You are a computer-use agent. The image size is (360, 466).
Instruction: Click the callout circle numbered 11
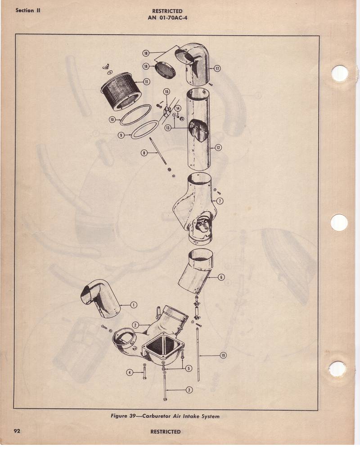pyautogui.click(x=146, y=81)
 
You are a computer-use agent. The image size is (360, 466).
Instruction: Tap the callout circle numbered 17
pyautogui.click(x=217, y=68)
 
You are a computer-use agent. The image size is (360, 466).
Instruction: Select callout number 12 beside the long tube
pyautogui.click(x=218, y=147)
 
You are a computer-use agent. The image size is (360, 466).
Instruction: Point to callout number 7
pyautogui.click(x=220, y=201)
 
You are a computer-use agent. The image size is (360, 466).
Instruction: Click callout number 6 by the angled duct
pyautogui.click(x=221, y=277)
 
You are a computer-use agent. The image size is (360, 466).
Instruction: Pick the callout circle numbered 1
pyautogui.click(x=134, y=305)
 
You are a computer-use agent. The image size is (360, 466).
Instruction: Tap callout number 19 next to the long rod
pyautogui.click(x=223, y=355)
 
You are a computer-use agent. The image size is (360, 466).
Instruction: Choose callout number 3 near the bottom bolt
pyautogui.click(x=189, y=390)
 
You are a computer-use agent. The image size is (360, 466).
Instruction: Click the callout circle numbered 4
pyautogui.click(x=129, y=372)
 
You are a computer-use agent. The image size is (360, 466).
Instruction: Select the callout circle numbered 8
pyautogui.click(x=144, y=153)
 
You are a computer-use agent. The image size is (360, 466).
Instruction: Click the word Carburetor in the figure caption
pyautogui.click(x=157, y=416)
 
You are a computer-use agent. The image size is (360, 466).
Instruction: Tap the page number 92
pyautogui.click(x=17, y=430)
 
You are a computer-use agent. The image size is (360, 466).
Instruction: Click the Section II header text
pyautogui.click(x=28, y=10)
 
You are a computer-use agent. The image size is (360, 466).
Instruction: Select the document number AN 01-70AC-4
pyautogui.click(x=167, y=17)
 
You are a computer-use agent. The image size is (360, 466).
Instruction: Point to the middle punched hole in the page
pyautogui.click(x=339, y=222)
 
